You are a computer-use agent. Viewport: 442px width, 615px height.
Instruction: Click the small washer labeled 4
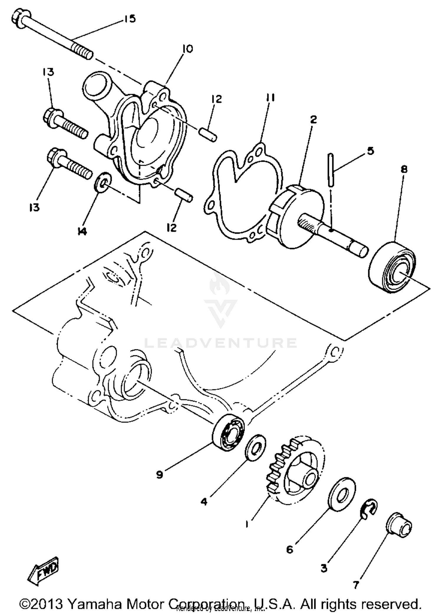pyautogui.click(x=255, y=447)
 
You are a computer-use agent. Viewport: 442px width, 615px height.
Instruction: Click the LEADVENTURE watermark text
pyautogui.click(x=220, y=343)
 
